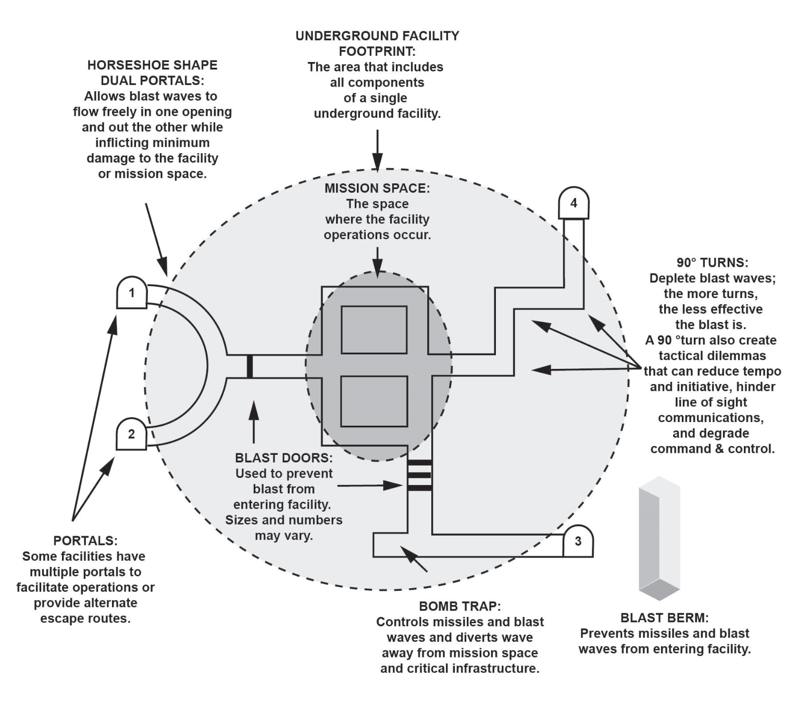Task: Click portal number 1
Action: [132, 292]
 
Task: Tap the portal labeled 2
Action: [131, 433]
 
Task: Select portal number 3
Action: [578, 541]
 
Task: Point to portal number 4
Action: [574, 203]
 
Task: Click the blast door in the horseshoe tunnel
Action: [250, 366]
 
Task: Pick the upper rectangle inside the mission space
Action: [374, 330]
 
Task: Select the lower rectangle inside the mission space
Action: [374, 401]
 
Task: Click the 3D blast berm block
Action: [659, 539]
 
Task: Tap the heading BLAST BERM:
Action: [665, 618]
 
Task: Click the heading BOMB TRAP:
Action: [460, 606]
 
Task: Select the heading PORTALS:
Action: [85, 541]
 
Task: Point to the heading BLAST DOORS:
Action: [283, 457]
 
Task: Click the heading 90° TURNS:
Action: [713, 263]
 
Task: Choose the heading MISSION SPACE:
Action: [377, 188]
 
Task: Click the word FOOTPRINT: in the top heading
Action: [377, 51]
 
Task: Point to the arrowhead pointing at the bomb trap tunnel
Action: [407, 552]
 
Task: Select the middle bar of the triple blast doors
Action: [420, 475]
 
